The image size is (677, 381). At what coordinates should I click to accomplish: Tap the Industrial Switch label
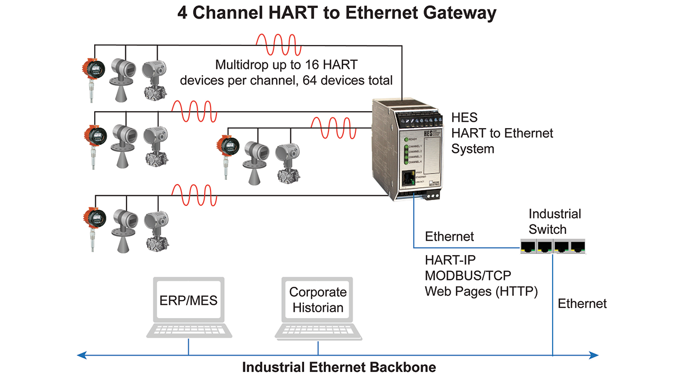(554, 222)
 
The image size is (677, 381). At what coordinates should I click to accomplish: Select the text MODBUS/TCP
(468, 276)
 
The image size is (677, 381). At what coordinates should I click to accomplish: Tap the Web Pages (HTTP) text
(481, 291)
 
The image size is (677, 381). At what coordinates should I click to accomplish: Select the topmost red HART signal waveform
(279, 46)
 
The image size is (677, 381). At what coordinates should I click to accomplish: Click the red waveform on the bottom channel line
(194, 195)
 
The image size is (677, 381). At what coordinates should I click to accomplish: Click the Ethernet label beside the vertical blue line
(582, 304)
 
